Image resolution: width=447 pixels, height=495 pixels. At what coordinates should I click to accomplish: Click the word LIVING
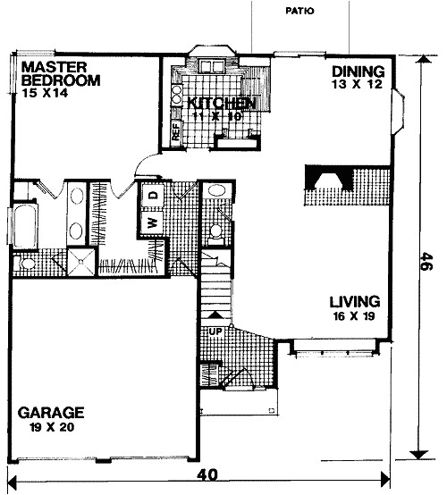(354, 301)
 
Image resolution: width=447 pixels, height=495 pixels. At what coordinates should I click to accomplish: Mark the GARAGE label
(51, 413)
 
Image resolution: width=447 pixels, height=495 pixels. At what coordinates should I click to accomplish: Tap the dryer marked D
(153, 195)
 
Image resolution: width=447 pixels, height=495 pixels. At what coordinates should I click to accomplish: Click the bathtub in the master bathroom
(23, 225)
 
